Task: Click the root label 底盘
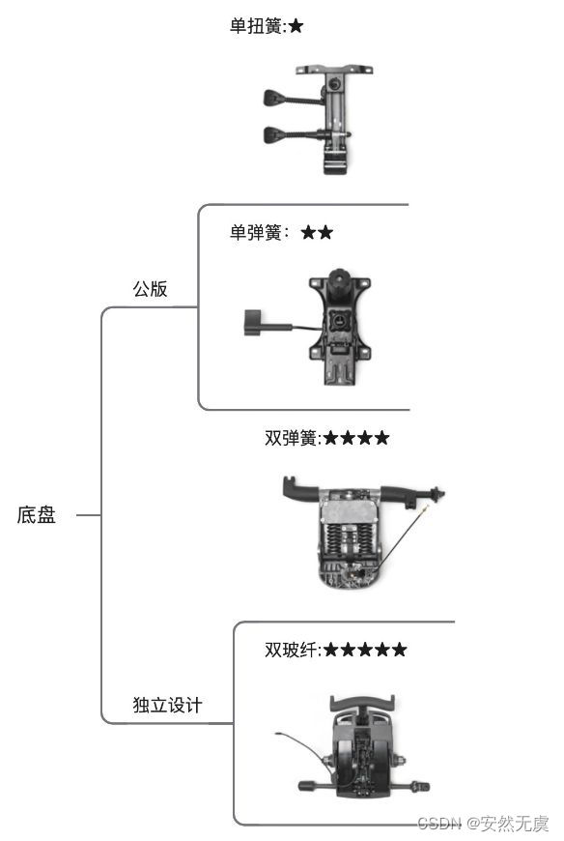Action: point(37,515)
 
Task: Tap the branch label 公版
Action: point(150,289)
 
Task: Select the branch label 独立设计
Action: point(168,705)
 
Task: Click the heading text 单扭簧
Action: point(256,26)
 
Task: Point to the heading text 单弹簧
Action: point(256,232)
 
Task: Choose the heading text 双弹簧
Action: point(292,438)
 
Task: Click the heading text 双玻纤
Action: point(292,650)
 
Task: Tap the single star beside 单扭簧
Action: point(296,26)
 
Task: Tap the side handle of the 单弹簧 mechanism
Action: point(253,322)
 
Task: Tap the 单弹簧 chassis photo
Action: point(307,327)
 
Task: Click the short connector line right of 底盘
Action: point(89,515)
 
